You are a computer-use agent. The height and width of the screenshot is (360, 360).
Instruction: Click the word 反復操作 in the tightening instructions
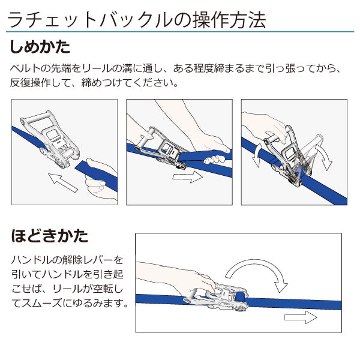point(33,83)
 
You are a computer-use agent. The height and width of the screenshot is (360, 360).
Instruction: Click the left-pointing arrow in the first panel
point(64,181)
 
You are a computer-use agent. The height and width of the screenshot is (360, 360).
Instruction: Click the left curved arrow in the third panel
point(257,155)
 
